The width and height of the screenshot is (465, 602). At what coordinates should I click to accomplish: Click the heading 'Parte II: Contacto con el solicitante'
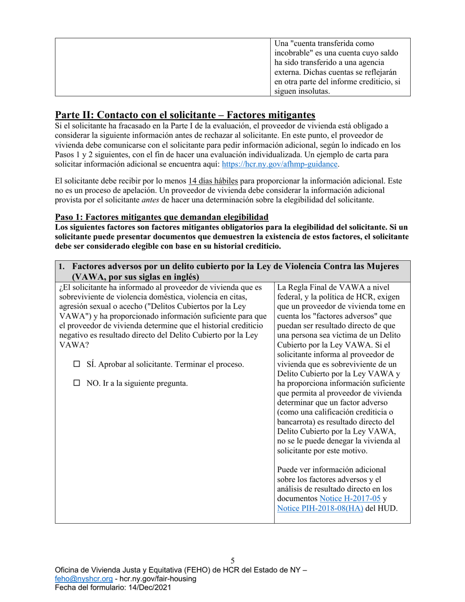[185, 115]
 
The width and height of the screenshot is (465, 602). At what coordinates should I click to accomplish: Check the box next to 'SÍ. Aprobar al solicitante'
[76, 364]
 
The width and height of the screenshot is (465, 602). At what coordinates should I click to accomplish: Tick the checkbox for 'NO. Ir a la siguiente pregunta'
[76, 383]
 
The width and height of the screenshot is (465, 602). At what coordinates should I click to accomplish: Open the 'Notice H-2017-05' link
[349, 498]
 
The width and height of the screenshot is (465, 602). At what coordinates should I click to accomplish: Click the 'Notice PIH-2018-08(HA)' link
[320, 508]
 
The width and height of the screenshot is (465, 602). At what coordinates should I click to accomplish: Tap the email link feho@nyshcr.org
[80, 579]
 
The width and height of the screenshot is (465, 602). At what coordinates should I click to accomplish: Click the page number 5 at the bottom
[232, 561]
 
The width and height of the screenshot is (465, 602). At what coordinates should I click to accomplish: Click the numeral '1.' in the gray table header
[62, 266]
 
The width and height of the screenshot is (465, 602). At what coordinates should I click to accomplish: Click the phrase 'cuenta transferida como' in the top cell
[328, 44]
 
